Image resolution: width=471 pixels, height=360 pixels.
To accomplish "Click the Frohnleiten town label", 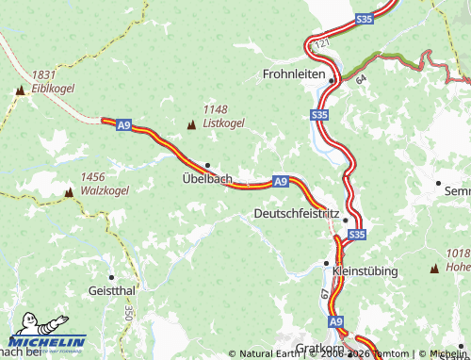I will tap(295, 74).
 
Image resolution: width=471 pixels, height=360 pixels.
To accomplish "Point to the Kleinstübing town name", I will tap(365, 270).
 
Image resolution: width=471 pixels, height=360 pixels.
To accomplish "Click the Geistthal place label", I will tap(112, 290).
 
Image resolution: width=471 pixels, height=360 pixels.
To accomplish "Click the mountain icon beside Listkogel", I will tap(192, 124).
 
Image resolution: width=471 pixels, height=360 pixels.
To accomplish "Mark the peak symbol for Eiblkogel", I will tap(20, 90).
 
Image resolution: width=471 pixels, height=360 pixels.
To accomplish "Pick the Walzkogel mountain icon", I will tap(69, 192).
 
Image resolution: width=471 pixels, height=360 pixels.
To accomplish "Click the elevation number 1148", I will tap(216, 108).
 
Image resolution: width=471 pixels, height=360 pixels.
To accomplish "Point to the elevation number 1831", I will tap(43, 74).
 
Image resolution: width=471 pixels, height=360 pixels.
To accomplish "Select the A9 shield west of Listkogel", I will tap(123, 124).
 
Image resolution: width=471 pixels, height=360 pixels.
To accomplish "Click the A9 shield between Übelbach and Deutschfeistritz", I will tap(280, 180).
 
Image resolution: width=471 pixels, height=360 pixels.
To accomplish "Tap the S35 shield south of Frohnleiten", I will tap(319, 115).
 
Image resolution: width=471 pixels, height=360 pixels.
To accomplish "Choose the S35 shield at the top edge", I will tap(365, 18).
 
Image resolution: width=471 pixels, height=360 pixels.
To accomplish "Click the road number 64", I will tap(360, 83).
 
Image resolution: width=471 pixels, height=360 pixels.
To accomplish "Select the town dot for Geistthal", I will tap(111, 277).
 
